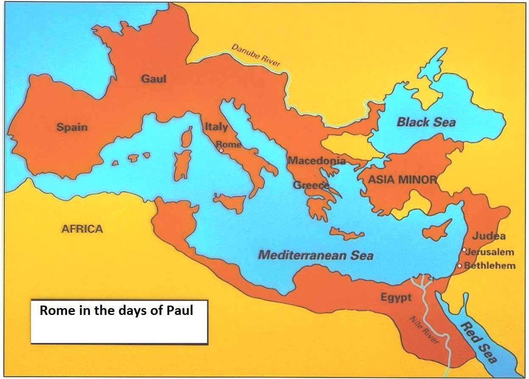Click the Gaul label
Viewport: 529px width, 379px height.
coord(154,79)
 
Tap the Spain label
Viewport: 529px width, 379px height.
coord(73,127)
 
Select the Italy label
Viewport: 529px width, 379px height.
coord(216,127)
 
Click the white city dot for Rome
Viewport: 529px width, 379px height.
coord(221,150)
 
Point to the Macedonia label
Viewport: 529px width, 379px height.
coord(316,161)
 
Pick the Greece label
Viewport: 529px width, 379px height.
coord(311,185)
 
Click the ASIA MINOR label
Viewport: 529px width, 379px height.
coord(402,180)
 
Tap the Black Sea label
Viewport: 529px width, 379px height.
coord(426,123)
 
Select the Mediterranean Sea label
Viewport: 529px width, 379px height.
coord(316,255)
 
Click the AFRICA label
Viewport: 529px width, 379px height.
coord(82,229)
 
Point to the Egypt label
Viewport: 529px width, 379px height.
coord(396,298)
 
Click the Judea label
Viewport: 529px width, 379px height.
coord(489,236)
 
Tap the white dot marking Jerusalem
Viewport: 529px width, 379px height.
coord(465,250)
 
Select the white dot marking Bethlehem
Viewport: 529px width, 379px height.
coord(459,266)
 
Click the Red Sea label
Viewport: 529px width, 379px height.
coord(478,343)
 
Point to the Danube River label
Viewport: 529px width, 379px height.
coord(255,55)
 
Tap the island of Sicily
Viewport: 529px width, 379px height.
coord(230,201)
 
